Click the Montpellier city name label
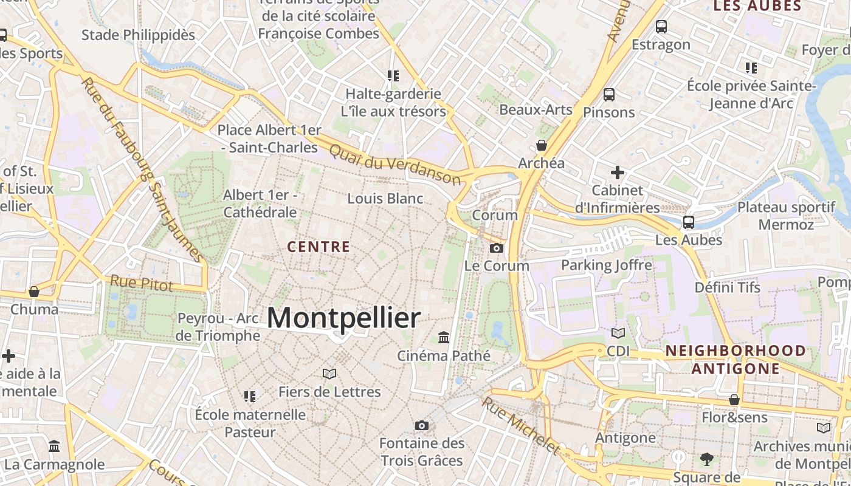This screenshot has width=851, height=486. [x=343, y=318]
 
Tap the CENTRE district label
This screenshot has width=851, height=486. [x=319, y=247]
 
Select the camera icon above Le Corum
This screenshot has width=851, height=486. [x=497, y=248]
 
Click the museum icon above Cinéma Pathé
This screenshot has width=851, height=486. [x=444, y=337]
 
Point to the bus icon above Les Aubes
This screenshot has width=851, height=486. [x=689, y=222]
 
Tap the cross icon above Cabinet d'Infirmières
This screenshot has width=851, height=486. [x=618, y=173]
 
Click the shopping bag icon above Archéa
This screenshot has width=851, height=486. [x=541, y=145]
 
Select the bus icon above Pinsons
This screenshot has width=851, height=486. [x=608, y=95]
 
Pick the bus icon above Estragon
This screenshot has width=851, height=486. [x=661, y=27]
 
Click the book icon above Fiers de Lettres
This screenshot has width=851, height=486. [x=329, y=374]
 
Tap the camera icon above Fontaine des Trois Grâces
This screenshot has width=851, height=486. [x=422, y=425]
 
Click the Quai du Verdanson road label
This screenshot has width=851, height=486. [x=395, y=164]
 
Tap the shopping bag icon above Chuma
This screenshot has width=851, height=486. [x=34, y=292]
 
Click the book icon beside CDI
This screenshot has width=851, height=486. [x=618, y=333]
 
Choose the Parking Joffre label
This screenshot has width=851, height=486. [x=606, y=265]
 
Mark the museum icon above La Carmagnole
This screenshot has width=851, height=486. [x=54, y=447]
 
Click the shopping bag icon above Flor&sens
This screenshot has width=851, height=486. [x=734, y=400]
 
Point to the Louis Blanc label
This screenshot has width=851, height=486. [x=385, y=198]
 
